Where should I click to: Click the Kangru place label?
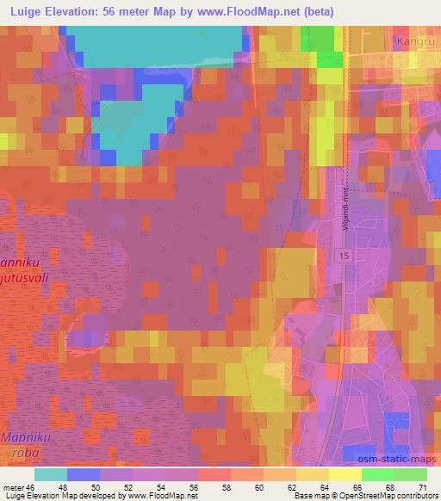pyautogui.click(x=412, y=40)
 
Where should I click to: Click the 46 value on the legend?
pyautogui.click(x=33, y=487)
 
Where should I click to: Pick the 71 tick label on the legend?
pyautogui.click(x=421, y=487)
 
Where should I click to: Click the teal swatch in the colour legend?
pyautogui.click(x=51, y=474)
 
